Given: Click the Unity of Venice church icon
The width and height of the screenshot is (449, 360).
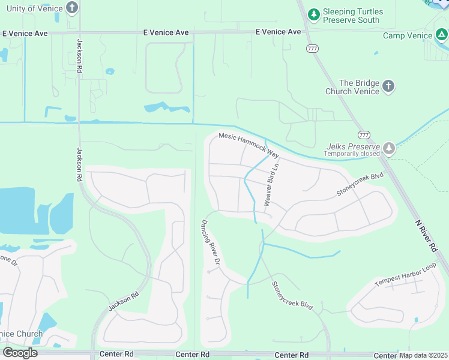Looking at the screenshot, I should pyautogui.click(x=72, y=8).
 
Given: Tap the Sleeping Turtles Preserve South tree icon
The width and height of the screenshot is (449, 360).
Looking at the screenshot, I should pyautogui.click(x=313, y=14).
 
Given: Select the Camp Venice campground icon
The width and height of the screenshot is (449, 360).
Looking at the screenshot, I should pyautogui.click(x=441, y=35).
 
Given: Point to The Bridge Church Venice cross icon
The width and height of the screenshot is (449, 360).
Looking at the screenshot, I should pyautogui.click(x=388, y=86).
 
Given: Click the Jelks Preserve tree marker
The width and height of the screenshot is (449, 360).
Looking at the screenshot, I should pyautogui.click(x=390, y=148).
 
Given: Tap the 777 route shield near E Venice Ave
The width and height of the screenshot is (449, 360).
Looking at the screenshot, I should pyautogui.click(x=312, y=48).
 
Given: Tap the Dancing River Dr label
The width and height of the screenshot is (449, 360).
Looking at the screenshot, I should pyautogui.click(x=211, y=244).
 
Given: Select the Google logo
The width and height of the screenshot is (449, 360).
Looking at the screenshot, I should pyautogui.click(x=20, y=352).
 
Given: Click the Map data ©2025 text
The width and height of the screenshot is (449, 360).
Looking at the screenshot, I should pyautogui.click(x=424, y=355).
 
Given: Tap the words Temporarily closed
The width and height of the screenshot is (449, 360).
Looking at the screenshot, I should pyautogui.click(x=352, y=154).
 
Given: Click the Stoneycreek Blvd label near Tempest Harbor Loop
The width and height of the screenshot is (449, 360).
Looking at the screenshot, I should pyautogui.click(x=292, y=296).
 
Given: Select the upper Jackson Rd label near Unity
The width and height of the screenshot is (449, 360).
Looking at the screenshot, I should pyautogui.click(x=79, y=56).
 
